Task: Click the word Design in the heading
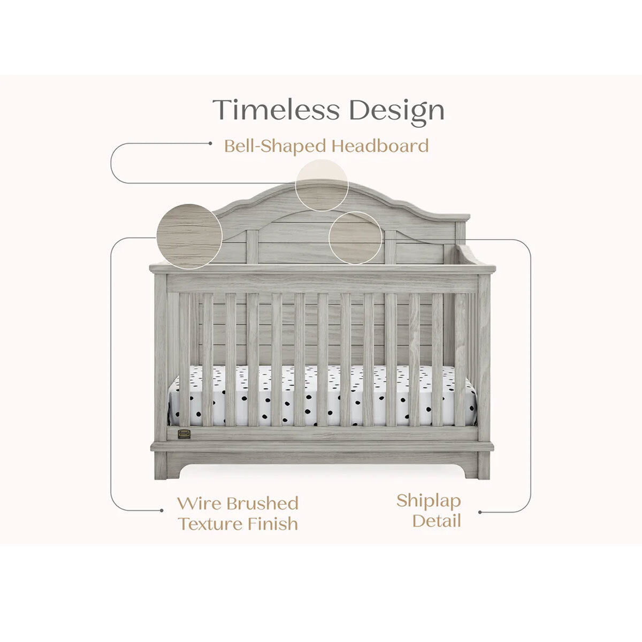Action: [x=396, y=111]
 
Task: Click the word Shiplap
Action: [x=428, y=502]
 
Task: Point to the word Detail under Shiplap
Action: [x=437, y=521]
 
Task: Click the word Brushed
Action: [x=262, y=503]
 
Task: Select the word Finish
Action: [x=273, y=523]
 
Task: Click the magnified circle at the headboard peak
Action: [x=322, y=185]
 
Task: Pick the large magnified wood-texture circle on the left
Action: [x=189, y=236]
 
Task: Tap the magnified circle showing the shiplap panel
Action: [x=355, y=238]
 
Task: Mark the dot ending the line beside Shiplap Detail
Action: [x=480, y=512]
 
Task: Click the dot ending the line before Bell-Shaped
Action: [x=209, y=143]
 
